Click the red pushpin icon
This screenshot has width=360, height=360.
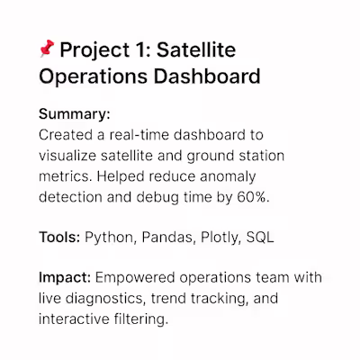tap(49, 48)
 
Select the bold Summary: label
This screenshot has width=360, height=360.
tap(75, 116)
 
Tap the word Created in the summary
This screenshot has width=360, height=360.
tap(67, 135)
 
